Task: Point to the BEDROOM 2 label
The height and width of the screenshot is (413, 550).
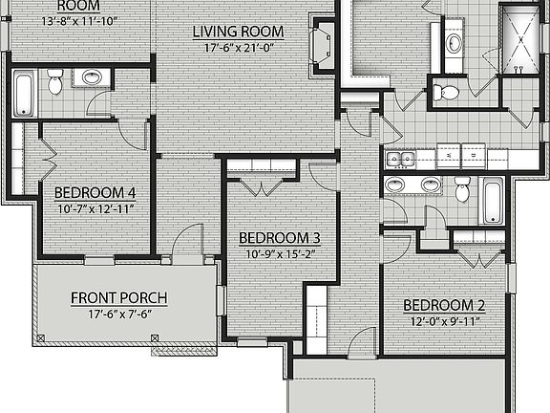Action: click(x=444, y=306)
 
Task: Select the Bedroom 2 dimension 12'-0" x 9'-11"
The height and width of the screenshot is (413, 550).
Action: click(x=444, y=322)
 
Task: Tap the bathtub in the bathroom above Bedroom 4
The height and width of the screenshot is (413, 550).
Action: click(x=23, y=93)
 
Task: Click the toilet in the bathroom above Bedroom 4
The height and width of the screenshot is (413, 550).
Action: click(x=54, y=86)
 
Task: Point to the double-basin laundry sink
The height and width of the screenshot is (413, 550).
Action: click(x=401, y=159)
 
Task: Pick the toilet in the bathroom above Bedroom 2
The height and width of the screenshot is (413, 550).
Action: click(x=462, y=190)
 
